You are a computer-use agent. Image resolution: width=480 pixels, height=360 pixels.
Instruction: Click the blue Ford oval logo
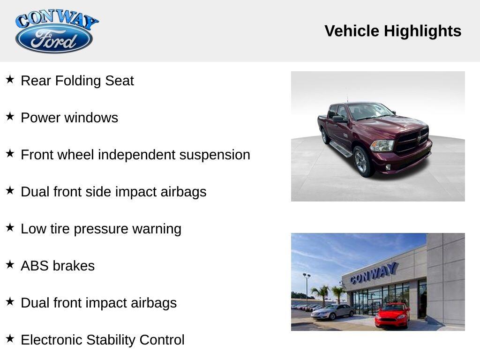pyautogui.click(x=54, y=39)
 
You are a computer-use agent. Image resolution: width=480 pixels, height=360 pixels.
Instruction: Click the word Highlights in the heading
pyautogui.click(x=422, y=31)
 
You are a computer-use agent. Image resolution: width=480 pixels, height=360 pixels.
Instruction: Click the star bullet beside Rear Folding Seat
pyautogui.click(x=10, y=79)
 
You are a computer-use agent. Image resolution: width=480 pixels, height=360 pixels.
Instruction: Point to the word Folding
pyautogui.click(x=78, y=81)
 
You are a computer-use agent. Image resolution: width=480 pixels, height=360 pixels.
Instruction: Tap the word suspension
pyautogui.click(x=215, y=155)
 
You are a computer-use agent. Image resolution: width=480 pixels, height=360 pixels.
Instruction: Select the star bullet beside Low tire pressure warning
pyautogui.click(x=10, y=227)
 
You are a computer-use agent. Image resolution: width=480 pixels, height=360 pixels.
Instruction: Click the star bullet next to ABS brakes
pyautogui.click(x=10, y=264)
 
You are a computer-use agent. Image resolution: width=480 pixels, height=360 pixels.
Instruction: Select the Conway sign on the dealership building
pyautogui.click(x=374, y=273)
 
